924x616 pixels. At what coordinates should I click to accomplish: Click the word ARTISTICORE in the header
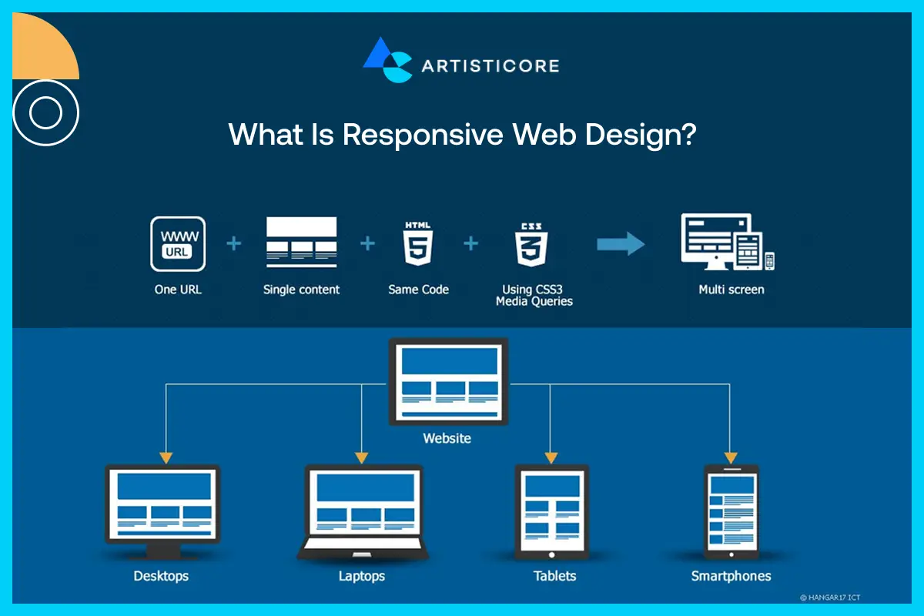(490, 65)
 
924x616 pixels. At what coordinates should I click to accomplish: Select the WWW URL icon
(178, 243)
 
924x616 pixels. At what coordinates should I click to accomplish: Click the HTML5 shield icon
(418, 244)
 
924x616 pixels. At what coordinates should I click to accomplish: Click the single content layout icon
(301, 242)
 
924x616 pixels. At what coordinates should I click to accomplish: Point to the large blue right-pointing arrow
(621, 244)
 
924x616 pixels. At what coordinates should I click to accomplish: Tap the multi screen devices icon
(727, 243)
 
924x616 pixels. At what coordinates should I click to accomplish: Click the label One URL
(178, 290)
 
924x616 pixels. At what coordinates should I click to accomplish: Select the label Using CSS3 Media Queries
(534, 295)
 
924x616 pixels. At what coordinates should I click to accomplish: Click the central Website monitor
(447, 381)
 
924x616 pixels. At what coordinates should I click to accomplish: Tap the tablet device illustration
(551, 511)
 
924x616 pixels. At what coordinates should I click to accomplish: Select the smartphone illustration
(731, 511)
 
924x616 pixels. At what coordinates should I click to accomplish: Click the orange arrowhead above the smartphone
(731, 457)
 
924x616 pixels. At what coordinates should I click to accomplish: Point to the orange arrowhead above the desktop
(166, 457)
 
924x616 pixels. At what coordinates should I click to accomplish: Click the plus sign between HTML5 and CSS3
(470, 244)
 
